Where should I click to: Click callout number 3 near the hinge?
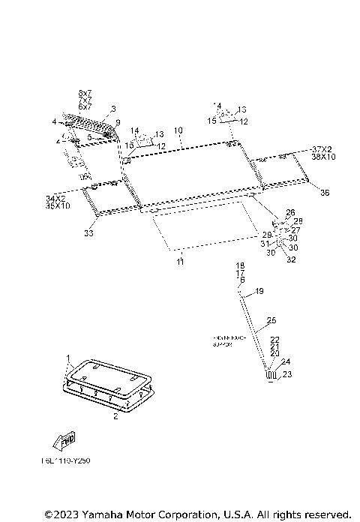click(x=113, y=109)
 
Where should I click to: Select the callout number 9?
click(x=118, y=122)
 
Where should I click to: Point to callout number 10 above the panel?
click(x=178, y=130)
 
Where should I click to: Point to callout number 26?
click(x=290, y=212)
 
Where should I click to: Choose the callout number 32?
click(x=291, y=260)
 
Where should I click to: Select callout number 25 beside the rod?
click(x=271, y=320)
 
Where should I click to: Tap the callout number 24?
click(x=285, y=361)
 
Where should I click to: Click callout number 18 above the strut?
click(x=241, y=266)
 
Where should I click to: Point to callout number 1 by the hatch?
click(x=67, y=358)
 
